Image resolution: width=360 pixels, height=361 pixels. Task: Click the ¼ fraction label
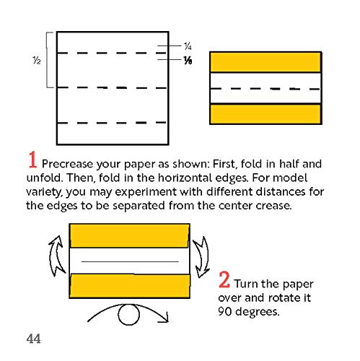pyautogui.click(x=186, y=45)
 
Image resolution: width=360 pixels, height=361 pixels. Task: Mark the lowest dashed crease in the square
pyautogui.click(x=113, y=123)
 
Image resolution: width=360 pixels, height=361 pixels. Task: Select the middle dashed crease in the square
pyautogui.click(x=113, y=87)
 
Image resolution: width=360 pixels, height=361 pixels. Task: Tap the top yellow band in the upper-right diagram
pyautogui.click(x=265, y=61)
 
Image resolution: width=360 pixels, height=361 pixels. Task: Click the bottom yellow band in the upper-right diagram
pyautogui.click(x=265, y=114)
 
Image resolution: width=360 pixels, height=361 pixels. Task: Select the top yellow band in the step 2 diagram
pyautogui.click(x=129, y=236)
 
